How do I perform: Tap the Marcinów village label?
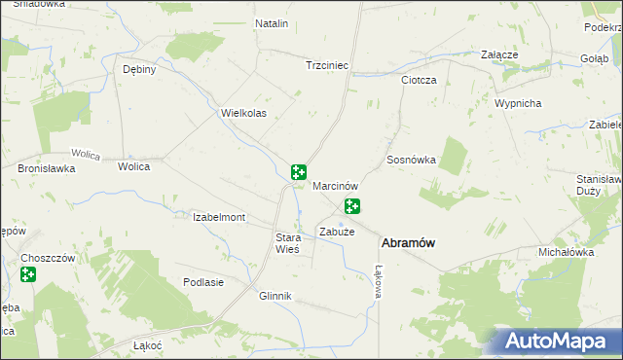coord(337,185)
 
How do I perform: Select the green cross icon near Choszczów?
coord(28,275)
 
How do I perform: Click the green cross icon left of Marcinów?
coord(299,172)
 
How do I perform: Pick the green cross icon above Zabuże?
coord(352,206)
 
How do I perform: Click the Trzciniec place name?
coord(327,65)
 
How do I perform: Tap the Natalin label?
coord(272,22)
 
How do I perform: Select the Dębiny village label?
coord(139,70)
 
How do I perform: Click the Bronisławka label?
coord(47,168)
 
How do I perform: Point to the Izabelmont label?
coord(219,217)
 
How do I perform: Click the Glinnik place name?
coord(275,296)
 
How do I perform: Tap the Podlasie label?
coord(203,282)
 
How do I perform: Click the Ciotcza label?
coord(420,80)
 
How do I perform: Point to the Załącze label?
coord(499,55)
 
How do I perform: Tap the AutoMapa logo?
coord(560,340)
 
